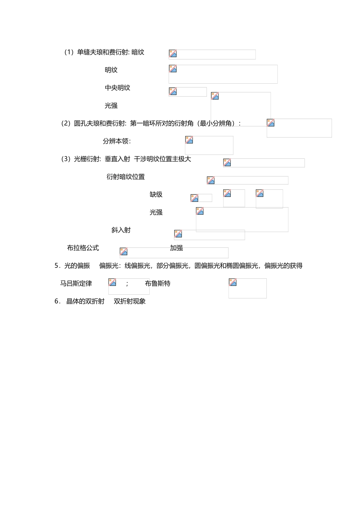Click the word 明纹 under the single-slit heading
111,70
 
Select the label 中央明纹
117,88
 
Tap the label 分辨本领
116,141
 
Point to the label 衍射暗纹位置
125,177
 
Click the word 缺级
156,195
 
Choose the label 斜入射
121,230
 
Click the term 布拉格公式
83,248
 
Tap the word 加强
176,248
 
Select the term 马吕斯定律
76,284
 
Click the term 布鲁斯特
158,284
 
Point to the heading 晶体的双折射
85,301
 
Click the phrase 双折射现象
130,301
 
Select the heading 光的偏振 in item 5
77,266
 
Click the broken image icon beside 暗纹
173,53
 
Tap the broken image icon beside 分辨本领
189,140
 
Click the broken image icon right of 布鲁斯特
233,282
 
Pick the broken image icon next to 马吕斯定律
112,282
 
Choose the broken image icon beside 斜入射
178,234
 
